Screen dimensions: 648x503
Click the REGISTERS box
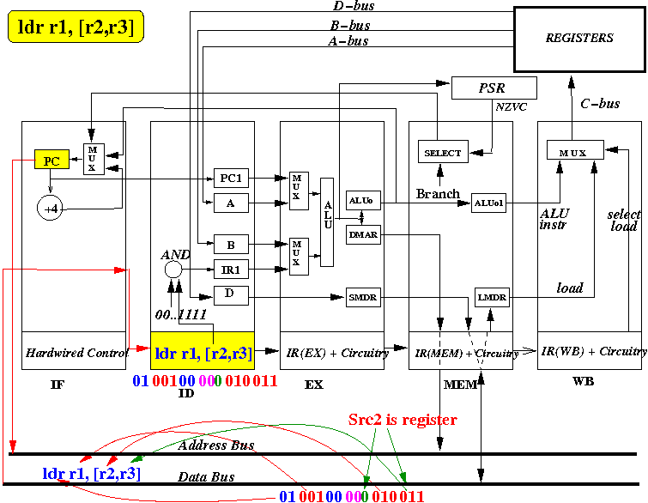pos(579,39)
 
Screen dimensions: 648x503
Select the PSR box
pos(494,88)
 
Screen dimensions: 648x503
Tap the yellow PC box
pos(51,160)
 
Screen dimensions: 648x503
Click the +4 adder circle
pos(50,208)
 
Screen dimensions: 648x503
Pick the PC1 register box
pos(231,179)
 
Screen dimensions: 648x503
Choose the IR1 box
pos(231,270)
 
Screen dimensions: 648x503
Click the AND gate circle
pos(173,270)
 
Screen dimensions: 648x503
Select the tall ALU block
pos(327,222)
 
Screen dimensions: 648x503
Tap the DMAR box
pos(363,234)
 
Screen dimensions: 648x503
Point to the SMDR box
pos(363,297)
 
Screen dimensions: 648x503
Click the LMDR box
pos(492,297)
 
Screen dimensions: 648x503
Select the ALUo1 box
pos(488,203)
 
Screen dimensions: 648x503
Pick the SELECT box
pos(443,152)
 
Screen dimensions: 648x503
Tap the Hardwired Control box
pos(74,350)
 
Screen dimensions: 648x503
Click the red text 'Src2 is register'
pos(403,420)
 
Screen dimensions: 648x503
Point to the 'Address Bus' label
pos(216,445)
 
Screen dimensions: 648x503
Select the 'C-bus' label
pos(600,103)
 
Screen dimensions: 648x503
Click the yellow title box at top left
pos(76,27)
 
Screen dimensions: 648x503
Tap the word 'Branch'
pos(438,193)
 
